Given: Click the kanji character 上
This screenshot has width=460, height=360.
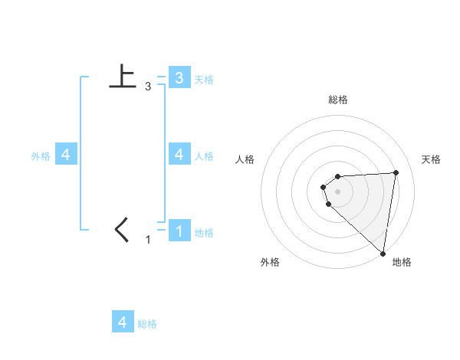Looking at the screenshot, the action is click(123, 77).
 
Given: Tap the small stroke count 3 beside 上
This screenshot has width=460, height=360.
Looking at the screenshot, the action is click(148, 87).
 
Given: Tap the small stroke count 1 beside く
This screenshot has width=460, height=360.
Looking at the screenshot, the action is click(148, 240).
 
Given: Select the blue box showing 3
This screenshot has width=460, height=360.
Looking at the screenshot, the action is click(179, 77).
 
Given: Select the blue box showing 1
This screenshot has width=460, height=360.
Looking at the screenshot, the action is click(179, 231).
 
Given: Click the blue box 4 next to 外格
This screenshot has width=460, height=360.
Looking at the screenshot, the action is click(66, 155).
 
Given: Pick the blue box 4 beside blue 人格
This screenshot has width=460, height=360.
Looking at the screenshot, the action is click(179, 155).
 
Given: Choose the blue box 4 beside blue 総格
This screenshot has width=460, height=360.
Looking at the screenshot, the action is click(123, 322).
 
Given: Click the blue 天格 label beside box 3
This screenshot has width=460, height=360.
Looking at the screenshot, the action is click(204, 80).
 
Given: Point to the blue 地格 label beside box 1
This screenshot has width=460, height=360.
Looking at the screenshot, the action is click(204, 233).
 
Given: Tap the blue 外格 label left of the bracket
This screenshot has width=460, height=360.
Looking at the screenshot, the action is click(41, 156).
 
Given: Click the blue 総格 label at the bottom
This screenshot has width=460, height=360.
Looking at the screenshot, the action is click(147, 324).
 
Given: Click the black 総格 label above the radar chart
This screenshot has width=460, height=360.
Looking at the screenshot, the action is click(338, 100).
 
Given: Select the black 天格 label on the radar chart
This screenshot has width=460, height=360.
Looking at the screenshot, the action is click(431, 159).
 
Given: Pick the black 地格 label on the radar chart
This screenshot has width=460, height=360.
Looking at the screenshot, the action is click(402, 262).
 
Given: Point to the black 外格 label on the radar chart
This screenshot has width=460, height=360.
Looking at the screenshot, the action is click(270, 262).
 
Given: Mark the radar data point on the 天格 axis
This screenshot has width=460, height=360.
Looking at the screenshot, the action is click(396, 172).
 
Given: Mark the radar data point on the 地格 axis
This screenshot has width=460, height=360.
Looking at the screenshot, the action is click(382, 253).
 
